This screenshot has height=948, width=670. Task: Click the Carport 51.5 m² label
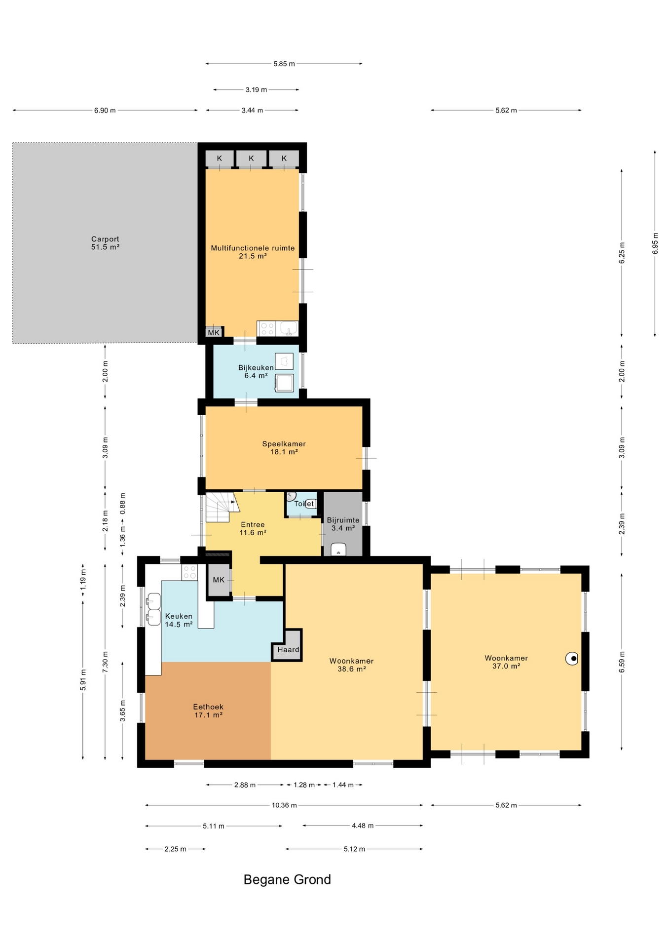pyautogui.click(x=105, y=243)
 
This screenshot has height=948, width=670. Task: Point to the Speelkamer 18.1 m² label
pyautogui.click(x=284, y=447)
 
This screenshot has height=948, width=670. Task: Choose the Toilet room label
pyautogui.click(x=304, y=504)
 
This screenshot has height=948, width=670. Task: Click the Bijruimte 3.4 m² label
pyautogui.click(x=343, y=524)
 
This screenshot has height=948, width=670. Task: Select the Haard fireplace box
pyautogui.click(x=287, y=645)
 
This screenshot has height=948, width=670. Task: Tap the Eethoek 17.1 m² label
pyautogui.click(x=208, y=711)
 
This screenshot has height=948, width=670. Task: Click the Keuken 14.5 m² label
pyautogui.click(x=179, y=620)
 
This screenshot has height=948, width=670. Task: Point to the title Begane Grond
pyautogui.click(x=287, y=879)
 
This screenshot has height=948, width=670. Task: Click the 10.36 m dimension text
pyautogui.click(x=284, y=805)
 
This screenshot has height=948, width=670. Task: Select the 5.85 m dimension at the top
pyautogui.click(x=284, y=64)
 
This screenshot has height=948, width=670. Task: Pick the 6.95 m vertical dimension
pyautogui.click(x=655, y=243)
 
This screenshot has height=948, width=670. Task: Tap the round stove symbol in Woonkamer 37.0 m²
pyautogui.click(x=572, y=658)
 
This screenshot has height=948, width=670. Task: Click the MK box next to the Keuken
pyautogui.click(x=219, y=580)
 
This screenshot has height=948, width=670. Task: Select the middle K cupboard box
pyautogui.click(x=251, y=158)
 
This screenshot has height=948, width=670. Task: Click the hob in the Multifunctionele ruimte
pyautogui.click(x=267, y=328)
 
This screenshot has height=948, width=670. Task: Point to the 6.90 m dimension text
pyautogui.click(x=105, y=111)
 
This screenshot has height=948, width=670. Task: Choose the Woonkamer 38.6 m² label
pyautogui.click(x=351, y=665)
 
